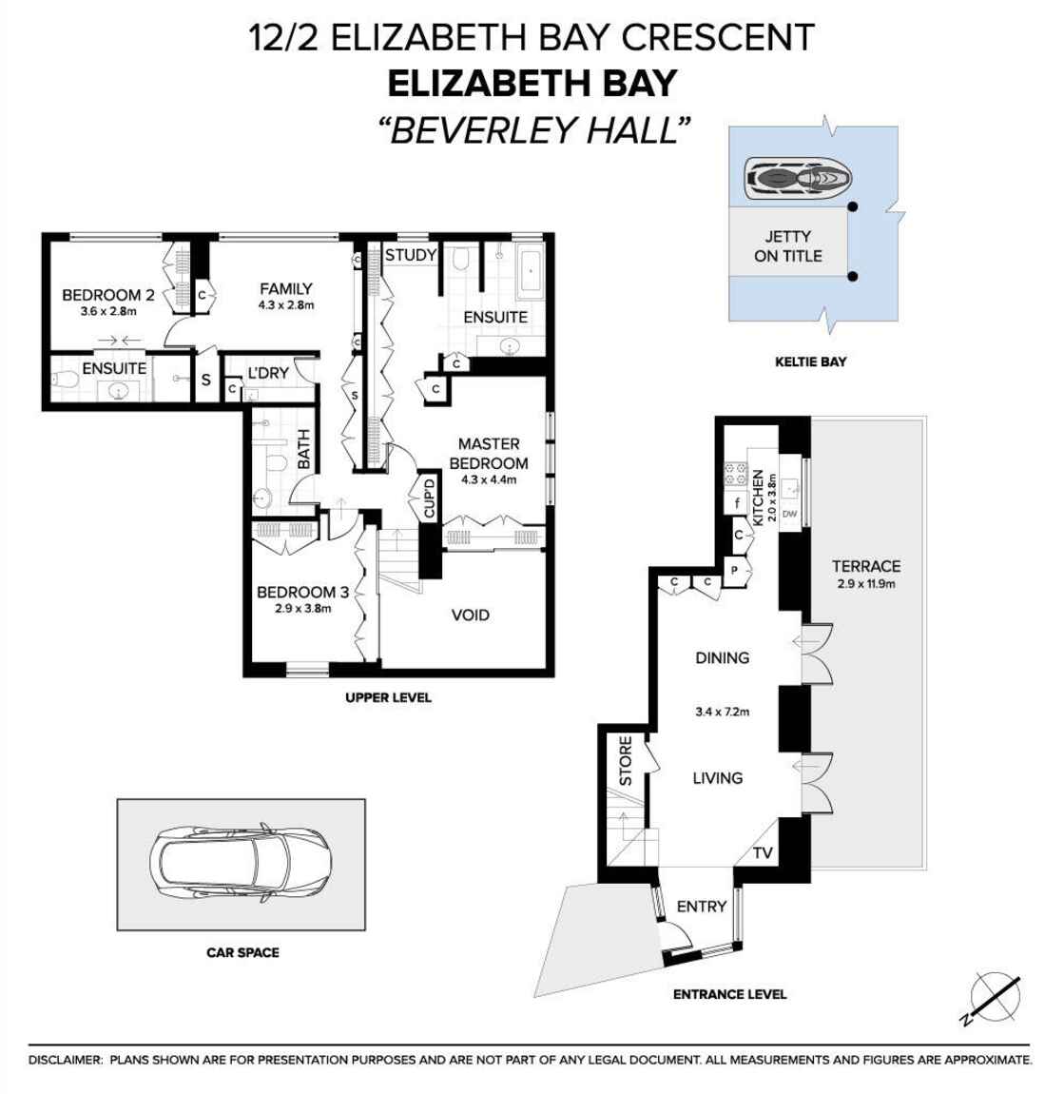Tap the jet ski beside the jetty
click(798, 178)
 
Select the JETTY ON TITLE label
click(787, 246)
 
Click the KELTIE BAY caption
click(810, 361)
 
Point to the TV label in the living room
click(763, 854)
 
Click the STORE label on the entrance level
click(626, 761)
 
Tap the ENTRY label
click(701, 907)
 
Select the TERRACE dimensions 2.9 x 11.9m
click(866, 584)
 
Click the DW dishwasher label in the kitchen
click(789, 515)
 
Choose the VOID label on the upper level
click(470, 615)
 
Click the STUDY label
click(410, 255)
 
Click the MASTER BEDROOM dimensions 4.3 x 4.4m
click(488, 480)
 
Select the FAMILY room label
click(285, 288)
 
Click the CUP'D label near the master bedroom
click(430, 498)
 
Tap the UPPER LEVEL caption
click(388, 697)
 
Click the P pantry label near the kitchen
click(734, 571)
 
